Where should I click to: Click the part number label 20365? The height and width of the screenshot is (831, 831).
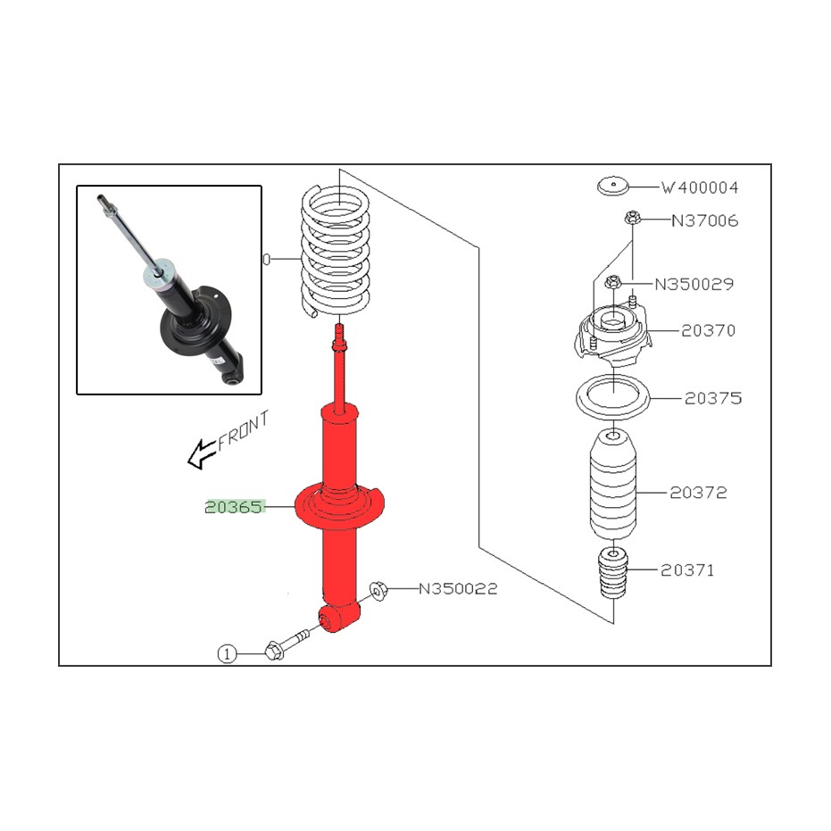[x=234, y=507]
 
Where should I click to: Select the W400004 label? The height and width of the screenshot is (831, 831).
[x=700, y=187]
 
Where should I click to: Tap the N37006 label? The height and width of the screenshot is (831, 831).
[x=705, y=220]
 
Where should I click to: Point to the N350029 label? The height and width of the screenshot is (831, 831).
[x=694, y=284]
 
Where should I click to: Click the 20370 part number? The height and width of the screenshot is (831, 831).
[x=708, y=330]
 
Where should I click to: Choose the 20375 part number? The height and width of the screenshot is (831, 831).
[x=713, y=398]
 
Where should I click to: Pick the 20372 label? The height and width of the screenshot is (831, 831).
[x=698, y=493]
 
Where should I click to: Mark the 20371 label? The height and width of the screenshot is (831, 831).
[x=687, y=570]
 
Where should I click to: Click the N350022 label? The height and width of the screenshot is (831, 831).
[x=458, y=589]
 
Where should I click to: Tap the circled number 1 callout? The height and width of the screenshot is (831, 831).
[x=227, y=654]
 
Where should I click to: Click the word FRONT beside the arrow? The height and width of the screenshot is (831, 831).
[x=244, y=430]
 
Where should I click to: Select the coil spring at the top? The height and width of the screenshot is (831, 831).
[x=335, y=251]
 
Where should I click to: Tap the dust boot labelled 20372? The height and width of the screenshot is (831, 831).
[x=612, y=485]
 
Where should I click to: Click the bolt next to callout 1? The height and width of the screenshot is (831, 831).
[x=286, y=643]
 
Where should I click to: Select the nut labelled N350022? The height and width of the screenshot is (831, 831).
[x=378, y=590]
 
